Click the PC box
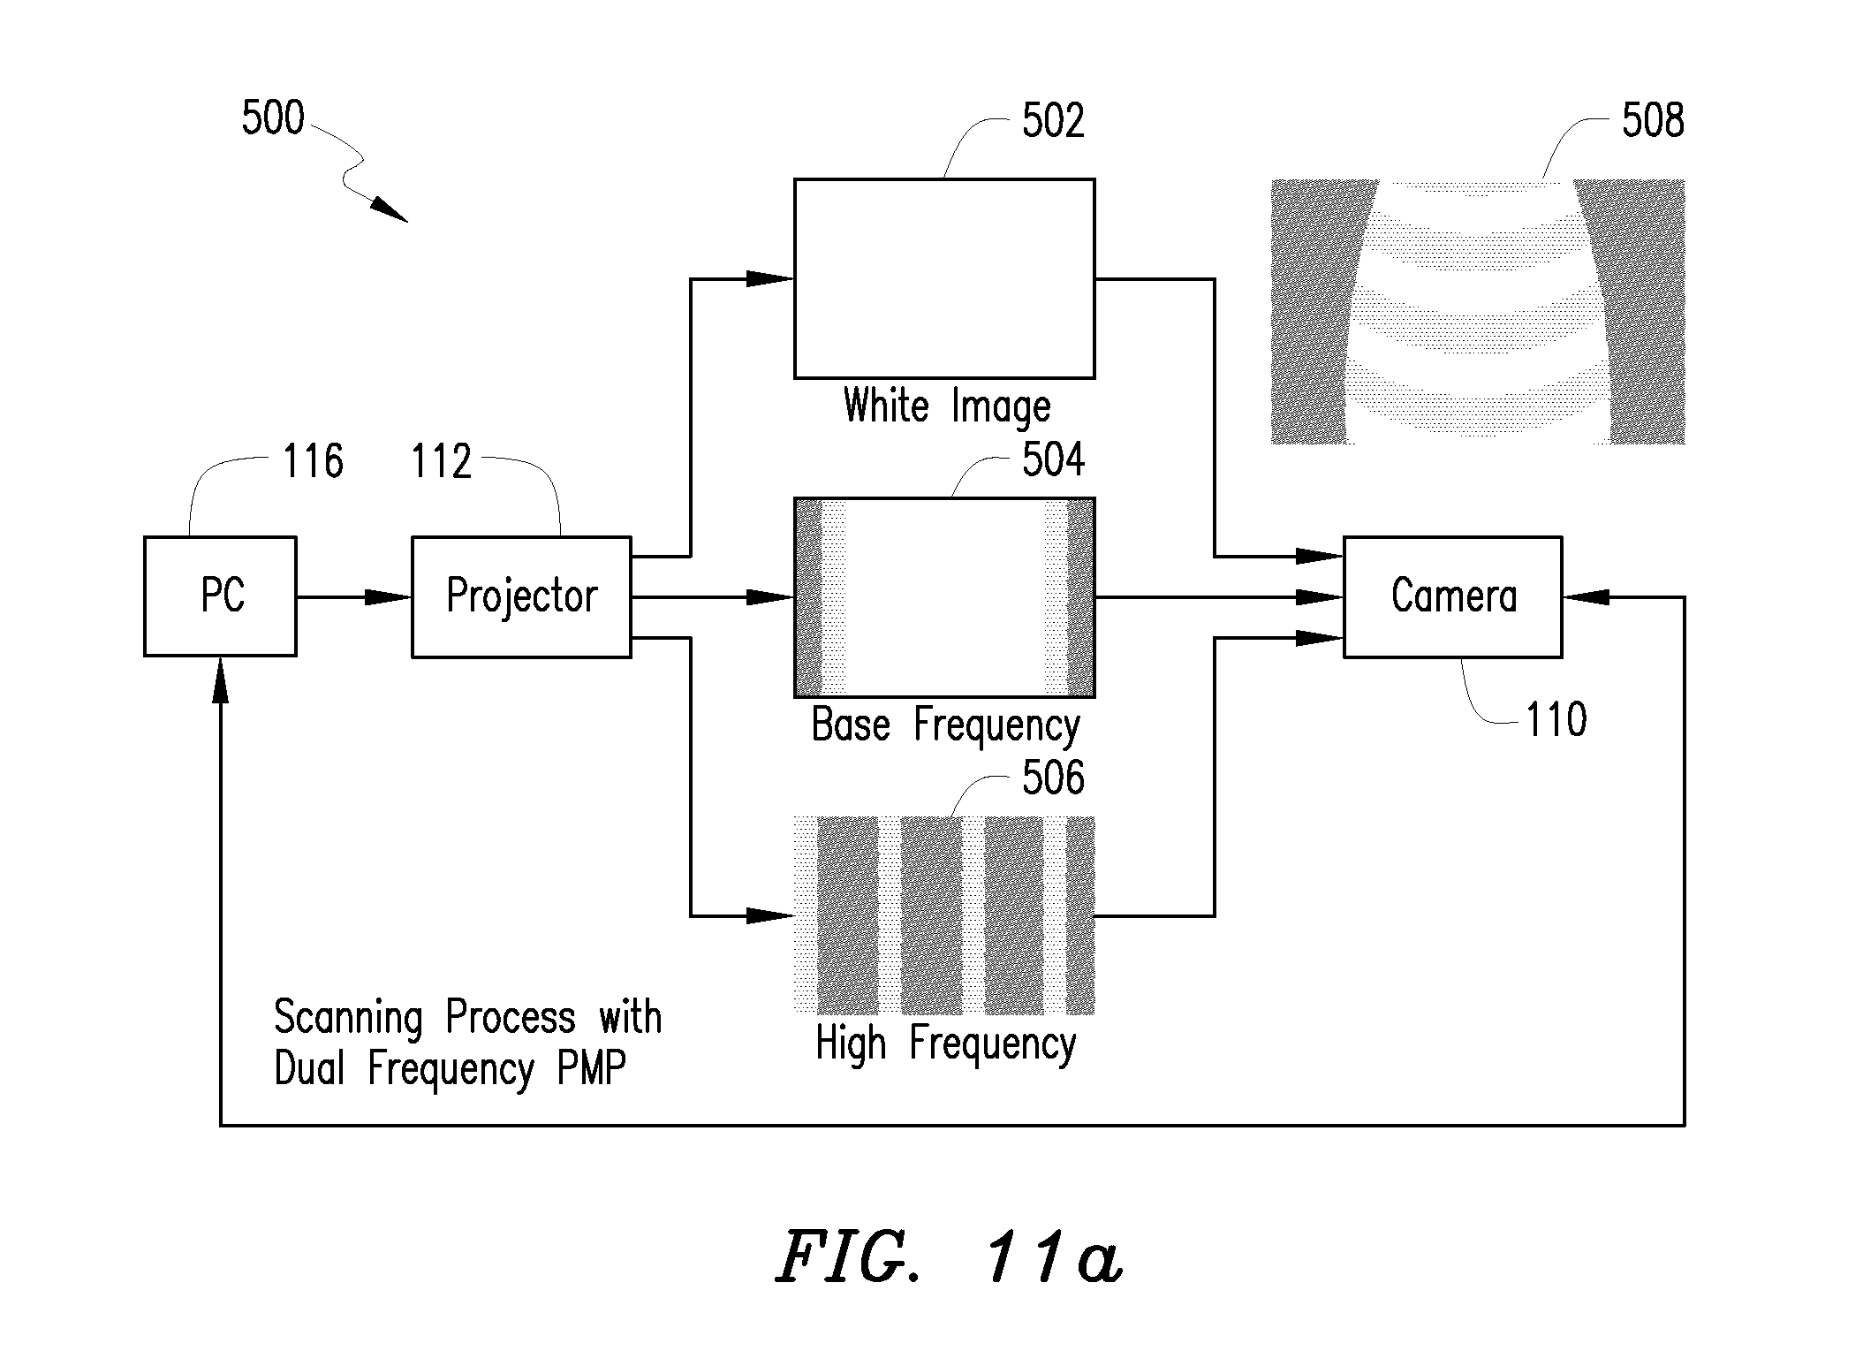click(220, 596)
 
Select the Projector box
click(521, 596)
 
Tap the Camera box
click(1453, 596)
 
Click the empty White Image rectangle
click(944, 278)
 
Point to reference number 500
click(273, 118)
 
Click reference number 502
click(1053, 120)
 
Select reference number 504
click(1053, 459)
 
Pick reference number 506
click(1053, 778)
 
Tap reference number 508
click(1653, 120)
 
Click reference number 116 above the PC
click(313, 461)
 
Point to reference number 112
click(442, 461)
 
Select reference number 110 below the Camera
click(1556, 719)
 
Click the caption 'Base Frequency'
click(945, 725)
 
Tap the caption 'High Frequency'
click(945, 1044)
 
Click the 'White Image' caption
click(947, 407)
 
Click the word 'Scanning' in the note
click(348, 1018)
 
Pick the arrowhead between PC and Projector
click(389, 597)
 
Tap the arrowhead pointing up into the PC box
click(220, 680)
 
